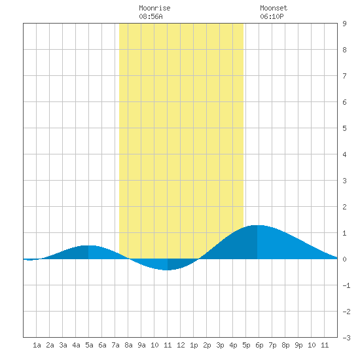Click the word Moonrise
click(154, 8)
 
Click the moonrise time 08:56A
click(151, 16)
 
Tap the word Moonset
click(274, 8)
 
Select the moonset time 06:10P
click(272, 16)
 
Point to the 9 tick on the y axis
click(344, 24)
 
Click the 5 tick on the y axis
click(344, 128)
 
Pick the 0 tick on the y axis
click(344, 259)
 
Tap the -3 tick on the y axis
click(346, 338)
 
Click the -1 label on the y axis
click(346, 285)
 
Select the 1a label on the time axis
click(37, 345)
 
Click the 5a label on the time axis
click(89, 345)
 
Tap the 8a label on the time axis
click(128, 345)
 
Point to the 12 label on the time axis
click(181, 345)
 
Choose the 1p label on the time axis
click(194, 345)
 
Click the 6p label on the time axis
click(259, 345)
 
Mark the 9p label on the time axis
click(298, 345)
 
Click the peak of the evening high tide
click(257, 225)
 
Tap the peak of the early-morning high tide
click(88, 245)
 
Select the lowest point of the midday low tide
click(168, 270)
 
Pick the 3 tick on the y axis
click(344, 181)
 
